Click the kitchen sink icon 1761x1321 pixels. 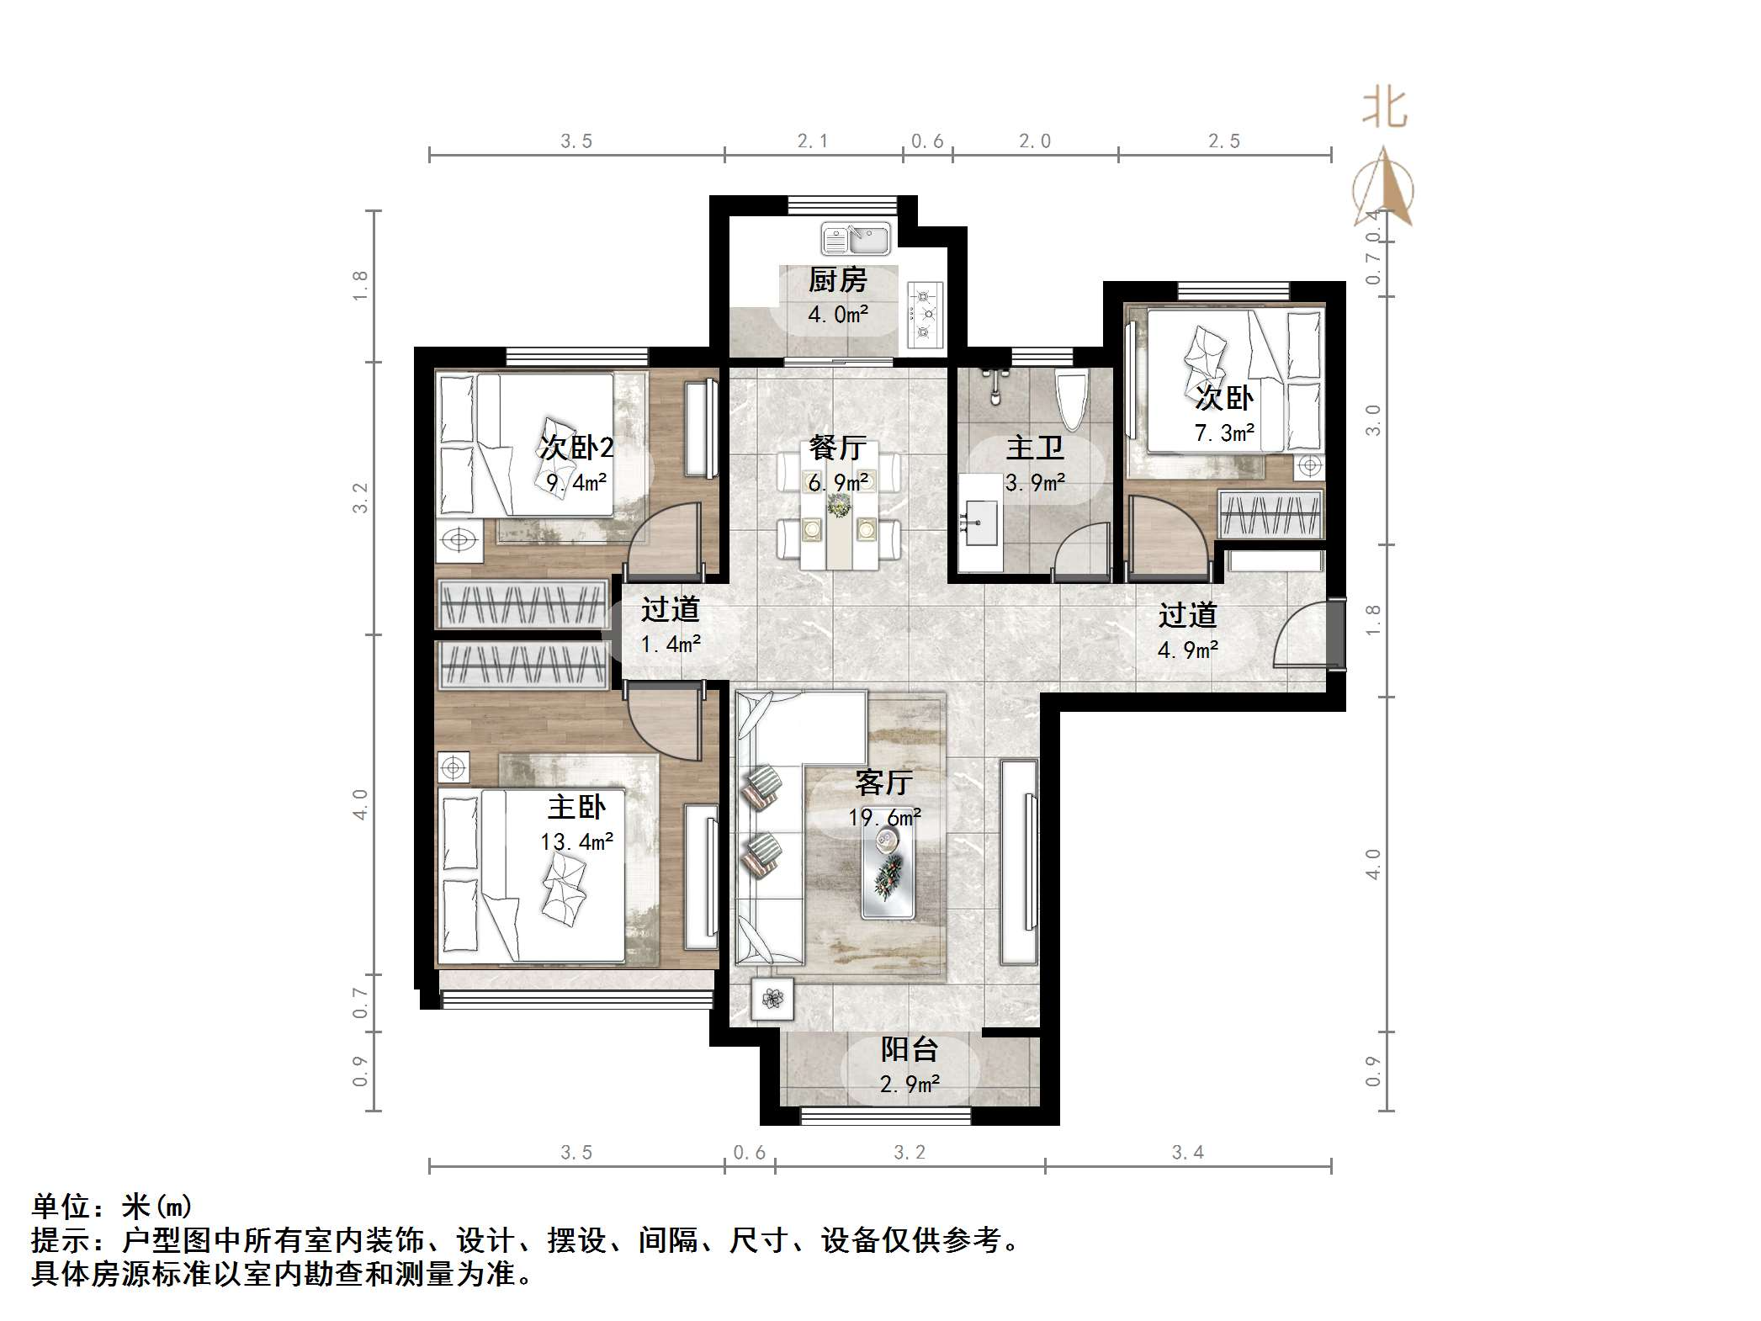[856, 239]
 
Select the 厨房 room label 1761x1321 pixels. [837, 280]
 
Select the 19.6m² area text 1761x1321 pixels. [884, 817]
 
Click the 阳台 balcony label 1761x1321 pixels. [909, 1049]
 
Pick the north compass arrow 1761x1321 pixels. [1383, 189]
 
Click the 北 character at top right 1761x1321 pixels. [1384, 109]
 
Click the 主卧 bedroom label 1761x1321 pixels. [576, 807]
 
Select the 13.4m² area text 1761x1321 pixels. [576, 841]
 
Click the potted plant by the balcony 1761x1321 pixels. [772, 999]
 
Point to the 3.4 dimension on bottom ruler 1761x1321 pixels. [1187, 1153]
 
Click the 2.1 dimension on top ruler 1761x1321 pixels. [813, 141]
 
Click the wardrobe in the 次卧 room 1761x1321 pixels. [1270, 515]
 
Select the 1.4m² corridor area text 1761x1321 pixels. [671, 645]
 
